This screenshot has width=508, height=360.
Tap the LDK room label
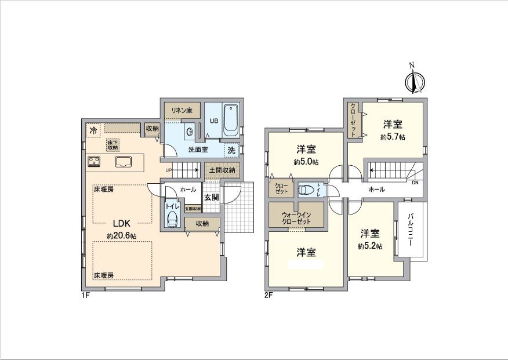coord(121,223)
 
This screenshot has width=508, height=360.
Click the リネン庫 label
coord(181,110)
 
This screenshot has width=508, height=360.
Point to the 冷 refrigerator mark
coord(93,130)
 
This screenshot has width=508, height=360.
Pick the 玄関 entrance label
coord(212,197)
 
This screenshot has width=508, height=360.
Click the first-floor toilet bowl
coord(172,219)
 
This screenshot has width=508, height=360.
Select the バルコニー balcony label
coord(411,230)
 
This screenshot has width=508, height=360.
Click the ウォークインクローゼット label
coord(296,218)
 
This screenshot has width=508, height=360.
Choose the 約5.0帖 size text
coord(305,162)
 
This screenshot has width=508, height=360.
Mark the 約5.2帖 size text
coord(370,246)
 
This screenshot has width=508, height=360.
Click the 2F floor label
coord(268,295)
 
